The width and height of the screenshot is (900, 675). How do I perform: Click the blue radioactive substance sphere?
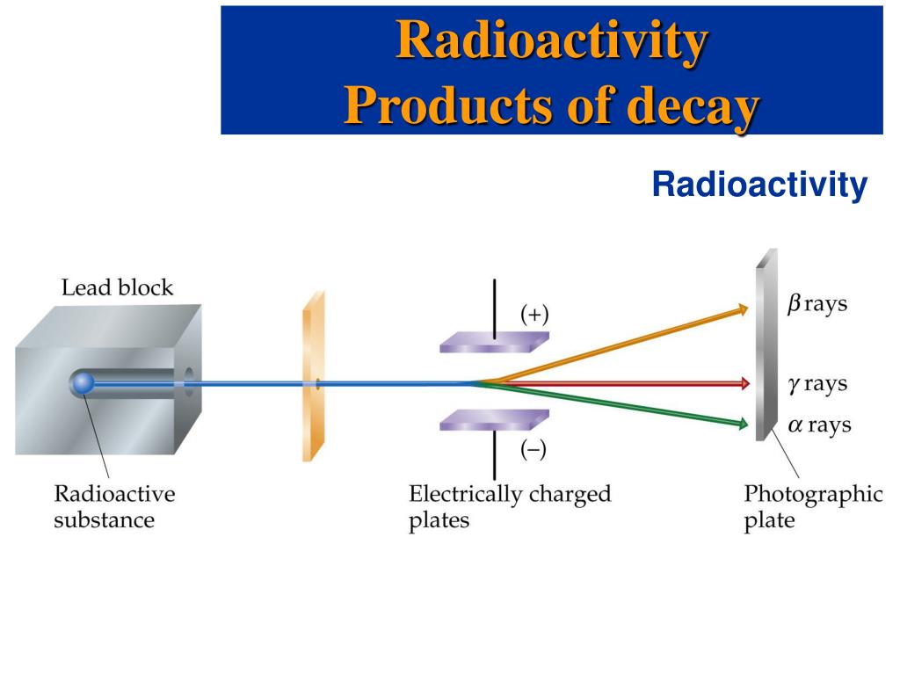coord(83,382)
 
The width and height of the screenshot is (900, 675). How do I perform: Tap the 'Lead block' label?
coord(117,287)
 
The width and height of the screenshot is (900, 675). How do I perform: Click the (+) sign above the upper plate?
coord(533,315)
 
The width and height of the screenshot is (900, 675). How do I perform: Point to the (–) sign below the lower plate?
coord(533,450)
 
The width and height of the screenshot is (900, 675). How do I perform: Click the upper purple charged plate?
coord(493,342)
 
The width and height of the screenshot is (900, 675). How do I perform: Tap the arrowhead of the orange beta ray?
coord(743,308)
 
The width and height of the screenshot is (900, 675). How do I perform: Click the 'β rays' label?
coord(817,305)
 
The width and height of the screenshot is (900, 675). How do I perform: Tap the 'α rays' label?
coord(819,425)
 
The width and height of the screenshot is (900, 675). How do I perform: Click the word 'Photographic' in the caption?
coord(813,494)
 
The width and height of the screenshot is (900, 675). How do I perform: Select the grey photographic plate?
coord(766,343)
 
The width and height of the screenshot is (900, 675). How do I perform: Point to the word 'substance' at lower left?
coord(104,520)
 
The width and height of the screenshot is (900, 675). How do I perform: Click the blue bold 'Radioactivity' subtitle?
coord(759,185)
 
